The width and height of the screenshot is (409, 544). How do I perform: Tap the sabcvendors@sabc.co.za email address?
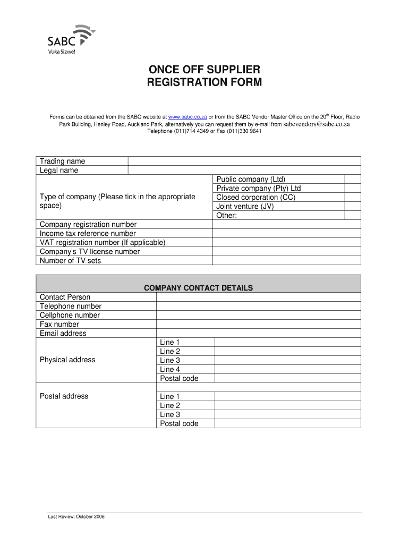317,124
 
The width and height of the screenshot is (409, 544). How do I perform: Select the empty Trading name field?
244,161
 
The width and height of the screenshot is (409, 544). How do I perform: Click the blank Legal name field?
244,170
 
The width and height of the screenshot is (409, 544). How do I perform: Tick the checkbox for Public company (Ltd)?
353,180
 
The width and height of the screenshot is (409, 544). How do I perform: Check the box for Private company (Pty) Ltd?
353,189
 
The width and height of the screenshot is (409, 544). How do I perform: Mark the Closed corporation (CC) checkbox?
353,198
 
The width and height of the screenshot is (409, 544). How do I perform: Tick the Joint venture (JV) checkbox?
353,207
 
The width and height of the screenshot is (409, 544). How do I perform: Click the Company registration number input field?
287,225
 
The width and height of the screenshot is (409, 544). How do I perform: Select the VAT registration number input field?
287,243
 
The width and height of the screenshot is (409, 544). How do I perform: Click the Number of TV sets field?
287,261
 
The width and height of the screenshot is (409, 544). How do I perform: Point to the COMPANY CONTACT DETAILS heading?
198,288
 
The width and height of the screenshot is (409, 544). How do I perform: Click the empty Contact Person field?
258,297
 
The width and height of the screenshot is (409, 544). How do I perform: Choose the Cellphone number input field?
258,315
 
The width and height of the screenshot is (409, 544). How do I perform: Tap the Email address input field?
258,333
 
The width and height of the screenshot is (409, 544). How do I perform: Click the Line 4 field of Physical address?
287,369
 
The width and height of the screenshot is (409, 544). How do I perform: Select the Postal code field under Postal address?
287,423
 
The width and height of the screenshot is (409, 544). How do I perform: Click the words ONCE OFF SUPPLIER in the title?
204,70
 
